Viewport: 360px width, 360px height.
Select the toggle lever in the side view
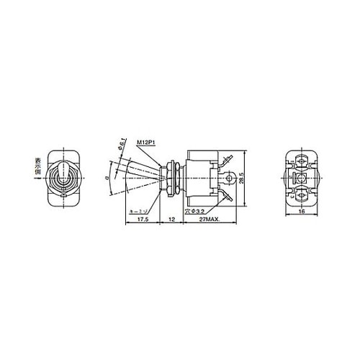141,171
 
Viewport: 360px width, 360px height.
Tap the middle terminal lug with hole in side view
229,175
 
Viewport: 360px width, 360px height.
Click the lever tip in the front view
62,169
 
